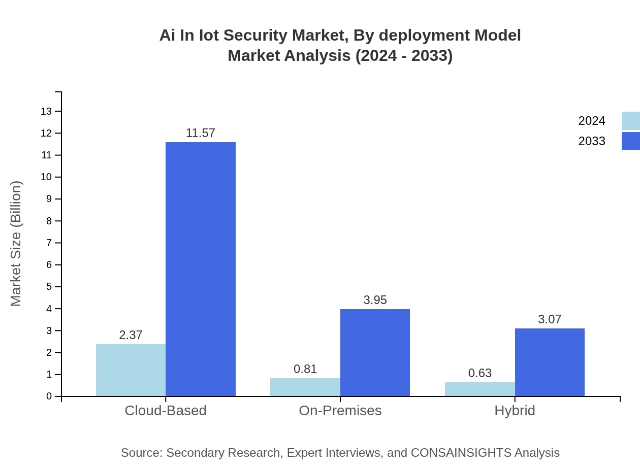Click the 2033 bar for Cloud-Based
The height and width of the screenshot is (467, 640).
(x=201, y=269)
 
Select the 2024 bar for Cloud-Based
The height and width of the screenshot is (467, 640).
(x=131, y=370)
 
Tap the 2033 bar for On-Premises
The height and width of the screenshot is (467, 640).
(x=375, y=353)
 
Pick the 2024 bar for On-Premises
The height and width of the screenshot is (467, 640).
(x=305, y=387)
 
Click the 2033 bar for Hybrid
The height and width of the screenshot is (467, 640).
(x=550, y=362)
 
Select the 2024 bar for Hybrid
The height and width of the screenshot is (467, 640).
(x=480, y=389)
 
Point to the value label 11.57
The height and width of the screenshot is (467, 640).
(x=201, y=133)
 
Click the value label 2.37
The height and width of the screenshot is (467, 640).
(x=131, y=335)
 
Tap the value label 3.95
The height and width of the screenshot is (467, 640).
(x=375, y=300)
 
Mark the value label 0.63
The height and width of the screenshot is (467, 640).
(x=480, y=373)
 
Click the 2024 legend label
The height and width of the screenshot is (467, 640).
(x=592, y=121)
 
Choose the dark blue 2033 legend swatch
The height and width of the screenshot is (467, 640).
(x=630, y=141)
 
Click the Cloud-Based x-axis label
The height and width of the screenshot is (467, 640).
(x=166, y=410)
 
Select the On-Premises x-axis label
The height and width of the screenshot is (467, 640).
(x=340, y=410)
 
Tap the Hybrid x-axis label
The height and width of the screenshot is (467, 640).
(x=515, y=410)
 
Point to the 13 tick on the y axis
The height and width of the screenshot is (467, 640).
(x=47, y=111)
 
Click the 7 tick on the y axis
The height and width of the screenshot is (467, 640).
(x=49, y=243)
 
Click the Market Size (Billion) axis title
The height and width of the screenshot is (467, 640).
(x=16, y=244)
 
